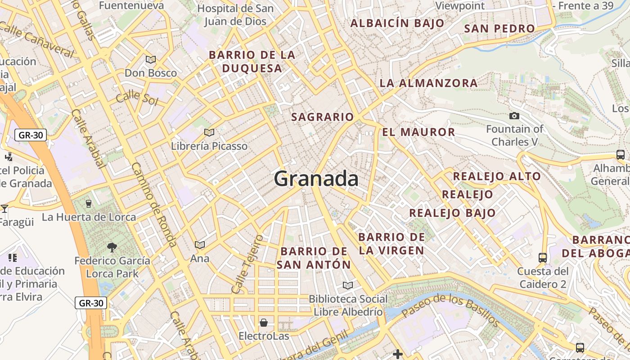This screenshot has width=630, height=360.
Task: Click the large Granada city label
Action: tap(316, 179)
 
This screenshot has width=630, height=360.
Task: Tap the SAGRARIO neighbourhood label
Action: tap(322, 117)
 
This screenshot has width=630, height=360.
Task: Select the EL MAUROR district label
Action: tap(418, 132)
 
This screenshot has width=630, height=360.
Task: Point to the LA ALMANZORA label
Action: tap(428, 83)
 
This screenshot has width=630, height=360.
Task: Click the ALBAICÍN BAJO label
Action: tap(397, 23)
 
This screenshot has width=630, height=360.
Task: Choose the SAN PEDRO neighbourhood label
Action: tap(499, 29)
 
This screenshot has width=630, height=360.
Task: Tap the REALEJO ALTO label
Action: tap(496, 176)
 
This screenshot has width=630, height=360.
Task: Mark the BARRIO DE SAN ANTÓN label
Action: tap(313, 258)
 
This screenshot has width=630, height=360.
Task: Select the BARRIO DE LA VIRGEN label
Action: tap(391, 243)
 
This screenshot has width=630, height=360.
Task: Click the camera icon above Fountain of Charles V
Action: tap(514, 116)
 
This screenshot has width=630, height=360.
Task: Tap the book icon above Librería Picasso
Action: tap(209, 132)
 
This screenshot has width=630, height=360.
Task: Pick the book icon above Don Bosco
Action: tap(151, 59)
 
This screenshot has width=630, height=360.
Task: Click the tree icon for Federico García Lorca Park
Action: tap(112, 247)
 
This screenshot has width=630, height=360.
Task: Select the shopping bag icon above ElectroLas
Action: tap(264, 323)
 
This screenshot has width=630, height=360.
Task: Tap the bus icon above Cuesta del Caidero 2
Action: tap(543, 258)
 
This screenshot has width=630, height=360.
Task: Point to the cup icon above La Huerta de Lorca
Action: tap(89, 203)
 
